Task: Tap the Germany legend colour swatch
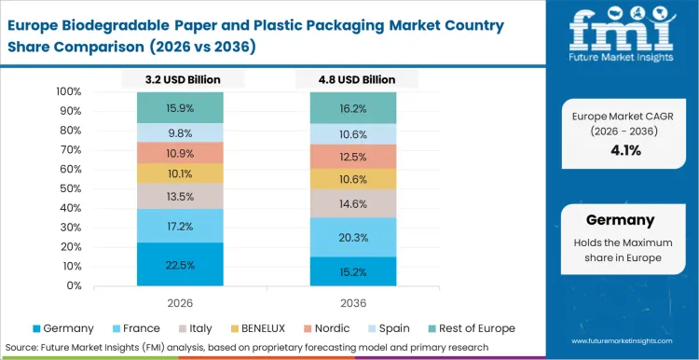click(36, 328)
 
